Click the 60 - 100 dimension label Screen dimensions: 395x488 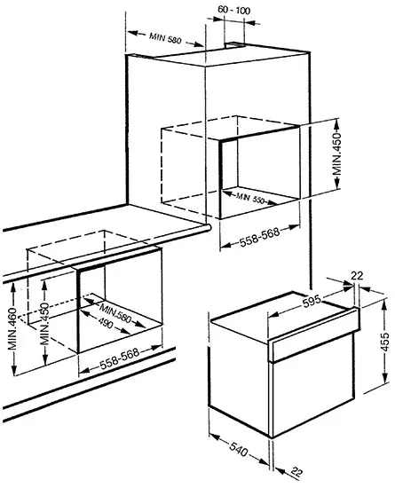point(233,11)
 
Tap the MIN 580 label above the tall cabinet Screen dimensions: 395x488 point(165,38)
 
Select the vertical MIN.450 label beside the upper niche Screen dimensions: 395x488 point(336,154)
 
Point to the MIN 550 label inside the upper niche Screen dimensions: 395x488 point(250,198)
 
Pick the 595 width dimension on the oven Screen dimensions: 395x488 point(312,301)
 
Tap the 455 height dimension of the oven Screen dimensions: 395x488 point(385,342)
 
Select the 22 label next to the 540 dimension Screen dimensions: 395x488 point(296,472)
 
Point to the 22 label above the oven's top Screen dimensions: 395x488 point(357,276)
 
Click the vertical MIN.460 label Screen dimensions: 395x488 point(12,328)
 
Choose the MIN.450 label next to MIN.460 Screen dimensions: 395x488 point(44,323)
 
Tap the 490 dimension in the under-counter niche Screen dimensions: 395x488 point(106,323)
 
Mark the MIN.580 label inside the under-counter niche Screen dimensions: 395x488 point(115,313)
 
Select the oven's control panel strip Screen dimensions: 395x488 point(313,335)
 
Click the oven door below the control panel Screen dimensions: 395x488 point(312,385)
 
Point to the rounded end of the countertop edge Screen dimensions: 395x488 point(208,227)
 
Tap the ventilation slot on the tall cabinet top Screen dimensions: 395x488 point(235,45)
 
